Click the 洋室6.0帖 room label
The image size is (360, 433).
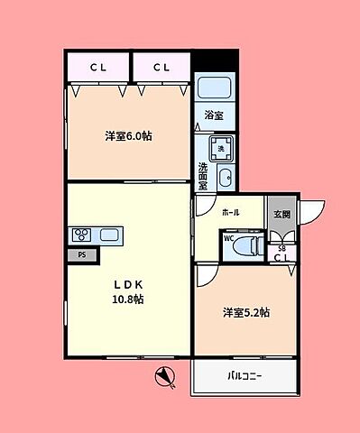127,137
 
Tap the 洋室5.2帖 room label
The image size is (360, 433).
246,312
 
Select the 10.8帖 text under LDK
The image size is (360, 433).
128,299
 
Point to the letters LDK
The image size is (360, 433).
128,282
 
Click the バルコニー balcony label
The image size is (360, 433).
244,377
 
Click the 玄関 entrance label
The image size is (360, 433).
282,214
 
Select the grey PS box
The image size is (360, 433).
82,254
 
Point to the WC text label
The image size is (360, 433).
229,239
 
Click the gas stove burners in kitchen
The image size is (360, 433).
81,235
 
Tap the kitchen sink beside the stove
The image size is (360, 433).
109,235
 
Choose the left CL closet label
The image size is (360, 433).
97,67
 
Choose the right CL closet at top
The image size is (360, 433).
162,67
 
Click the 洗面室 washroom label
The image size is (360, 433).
203,173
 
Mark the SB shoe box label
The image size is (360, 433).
282,248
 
